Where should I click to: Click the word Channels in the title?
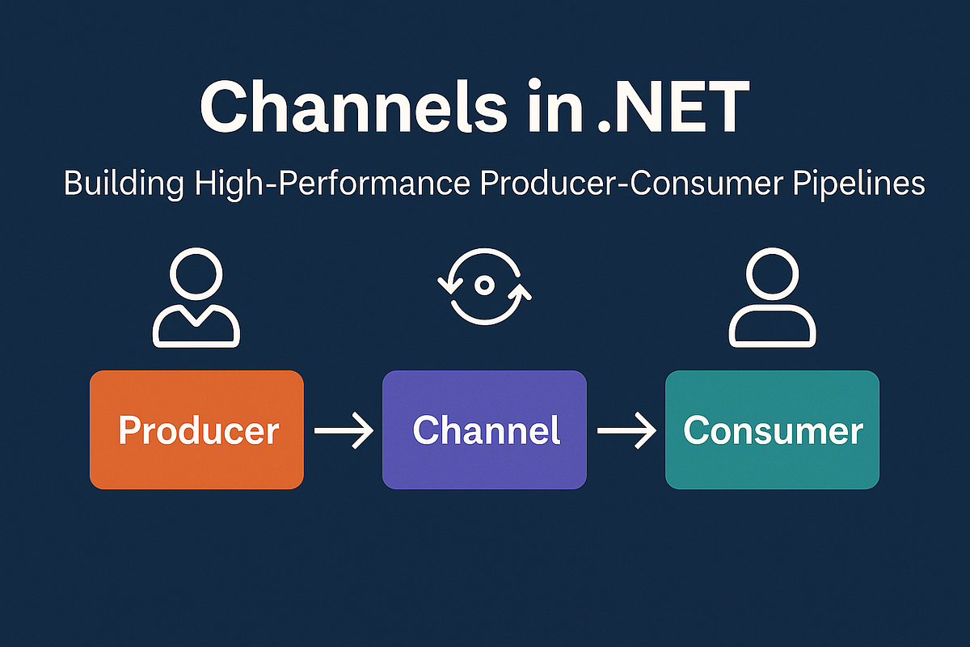[353, 106]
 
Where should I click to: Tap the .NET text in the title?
[673, 106]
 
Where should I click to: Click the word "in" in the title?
[555, 105]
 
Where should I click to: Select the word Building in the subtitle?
[124, 184]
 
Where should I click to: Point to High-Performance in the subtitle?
[332, 184]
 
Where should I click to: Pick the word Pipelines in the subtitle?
[858, 184]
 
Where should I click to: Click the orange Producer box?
[196, 429]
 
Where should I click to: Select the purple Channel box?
[484, 429]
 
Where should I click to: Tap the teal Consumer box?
[772, 429]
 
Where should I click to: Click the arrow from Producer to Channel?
[344, 430]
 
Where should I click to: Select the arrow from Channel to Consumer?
[626, 430]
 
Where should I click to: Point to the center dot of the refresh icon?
[484, 285]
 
